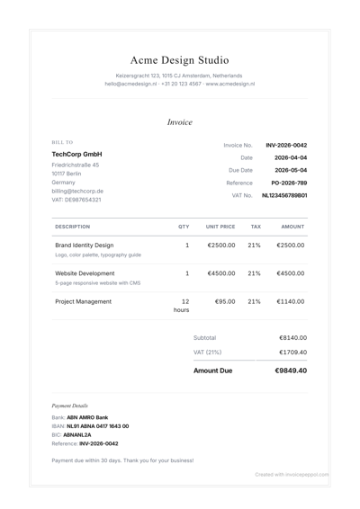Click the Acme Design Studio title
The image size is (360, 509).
(179, 60)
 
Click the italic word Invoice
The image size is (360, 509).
(179, 121)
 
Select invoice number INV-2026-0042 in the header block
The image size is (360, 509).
(286, 145)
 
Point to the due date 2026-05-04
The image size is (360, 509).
(291, 170)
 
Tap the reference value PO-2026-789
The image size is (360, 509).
(289, 183)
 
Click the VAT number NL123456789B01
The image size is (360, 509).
(284, 195)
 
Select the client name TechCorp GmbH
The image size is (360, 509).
(77, 155)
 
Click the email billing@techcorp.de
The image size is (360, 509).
(77, 191)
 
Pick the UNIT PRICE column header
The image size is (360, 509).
(220, 227)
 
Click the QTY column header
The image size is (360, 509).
(184, 227)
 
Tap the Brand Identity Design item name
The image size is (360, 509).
(85, 245)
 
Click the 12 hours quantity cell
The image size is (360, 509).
(183, 306)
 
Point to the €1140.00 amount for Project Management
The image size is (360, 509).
(291, 302)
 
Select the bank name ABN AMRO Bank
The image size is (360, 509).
(87, 417)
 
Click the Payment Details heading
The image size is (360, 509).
(70, 406)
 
